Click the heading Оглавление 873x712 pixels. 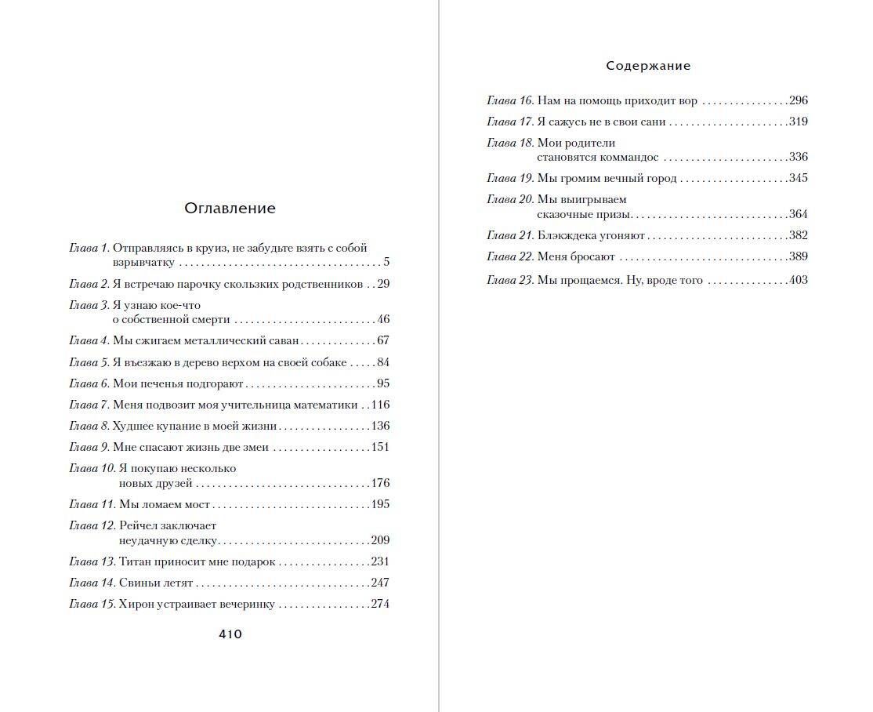tap(230, 209)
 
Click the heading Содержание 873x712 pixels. tap(648, 66)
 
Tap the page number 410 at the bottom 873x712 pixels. tap(230, 634)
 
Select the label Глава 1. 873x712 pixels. tap(89, 248)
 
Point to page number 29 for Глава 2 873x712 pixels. tap(383, 284)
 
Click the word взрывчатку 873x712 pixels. tap(143, 263)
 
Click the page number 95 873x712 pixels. tap(383, 383)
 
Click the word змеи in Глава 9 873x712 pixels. tap(255, 448)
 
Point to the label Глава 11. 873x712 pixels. tap(92, 505)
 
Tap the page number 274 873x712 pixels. tap(380, 604)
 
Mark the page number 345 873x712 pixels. tap(798, 178)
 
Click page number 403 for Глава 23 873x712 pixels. tap(798, 280)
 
